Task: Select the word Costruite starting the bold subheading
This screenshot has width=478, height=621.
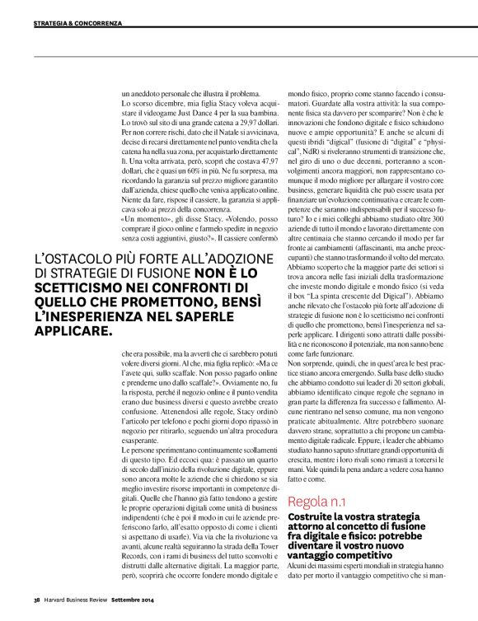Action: click(311, 516)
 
